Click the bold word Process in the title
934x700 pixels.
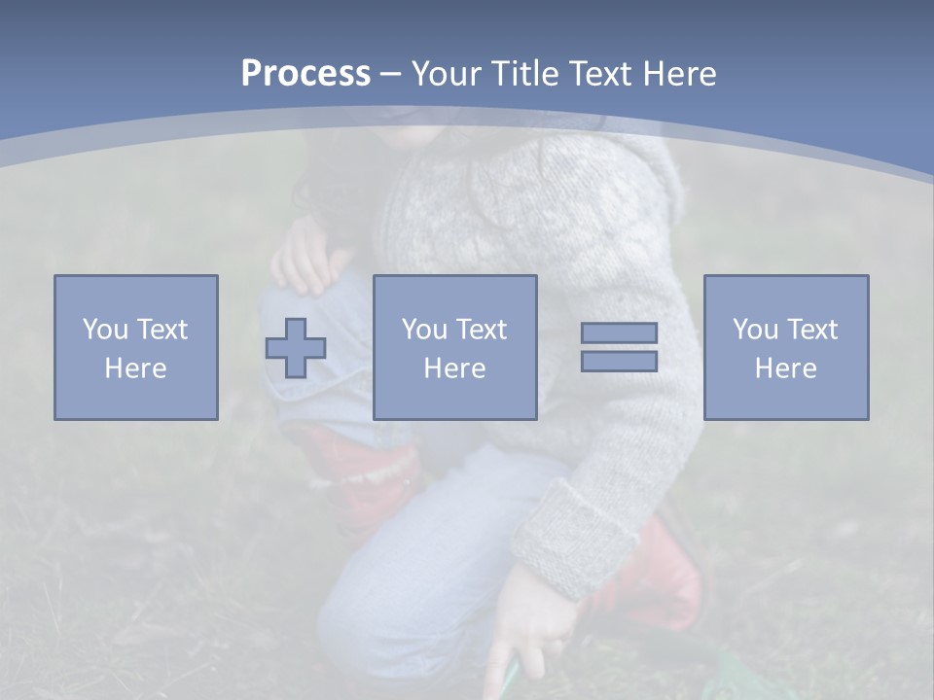pos(305,74)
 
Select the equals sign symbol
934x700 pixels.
pos(619,347)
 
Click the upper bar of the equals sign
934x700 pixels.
pos(619,333)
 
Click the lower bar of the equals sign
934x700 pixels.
pos(619,361)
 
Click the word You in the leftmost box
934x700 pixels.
pos(105,330)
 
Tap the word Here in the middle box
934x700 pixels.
pos(455,368)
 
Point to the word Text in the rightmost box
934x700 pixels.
pos(810,330)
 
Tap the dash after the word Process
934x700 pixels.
pos(391,74)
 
